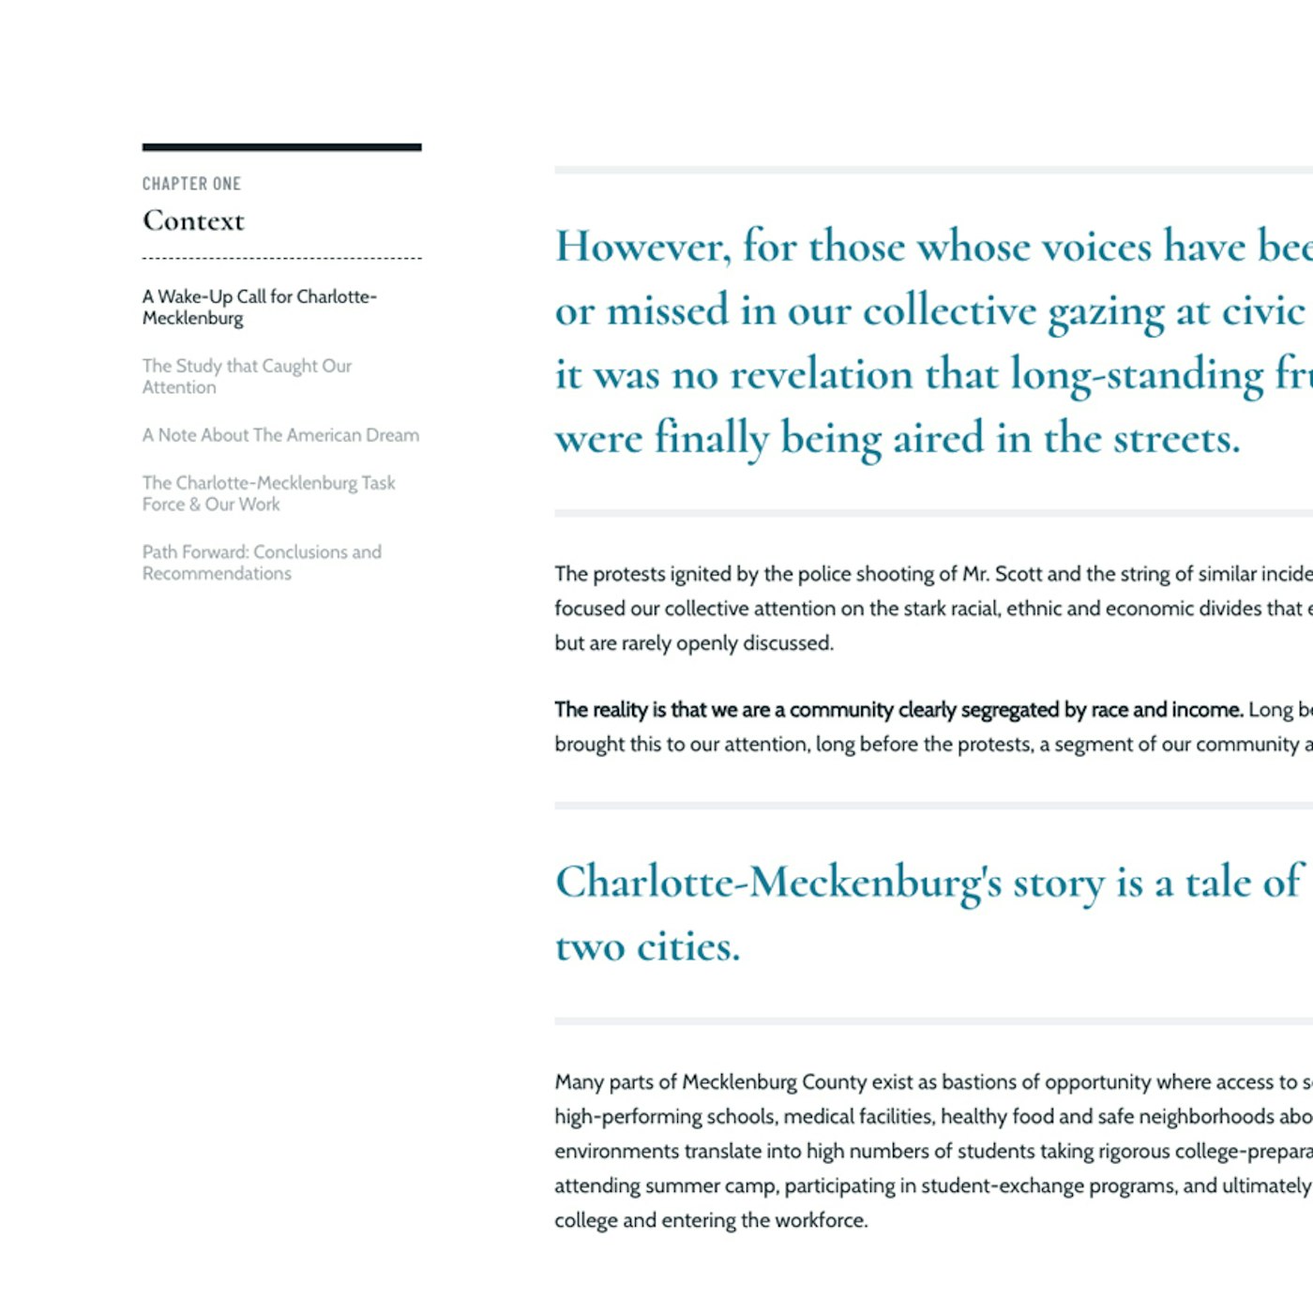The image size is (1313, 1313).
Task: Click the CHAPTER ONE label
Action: pyautogui.click(x=191, y=184)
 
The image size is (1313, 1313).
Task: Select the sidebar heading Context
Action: pyautogui.click(x=193, y=220)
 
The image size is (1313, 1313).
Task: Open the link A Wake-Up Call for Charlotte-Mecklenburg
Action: pyautogui.click(x=259, y=307)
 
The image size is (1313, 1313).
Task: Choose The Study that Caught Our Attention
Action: pyautogui.click(x=247, y=376)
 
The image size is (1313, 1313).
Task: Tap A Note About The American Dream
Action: pyautogui.click(x=280, y=435)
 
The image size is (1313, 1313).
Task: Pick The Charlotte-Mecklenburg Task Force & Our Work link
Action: pyautogui.click(x=268, y=493)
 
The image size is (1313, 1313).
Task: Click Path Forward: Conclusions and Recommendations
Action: pyautogui.click(x=262, y=563)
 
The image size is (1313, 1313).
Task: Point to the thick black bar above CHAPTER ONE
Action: pyautogui.click(x=281, y=147)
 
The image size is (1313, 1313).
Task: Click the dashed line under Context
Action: pyautogui.click(x=281, y=258)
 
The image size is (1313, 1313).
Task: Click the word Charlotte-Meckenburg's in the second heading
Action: pyautogui.click(x=778, y=883)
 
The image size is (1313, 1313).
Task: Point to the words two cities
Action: pyautogui.click(x=647, y=946)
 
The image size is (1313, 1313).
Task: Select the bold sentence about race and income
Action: pyautogui.click(x=898, y=710)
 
